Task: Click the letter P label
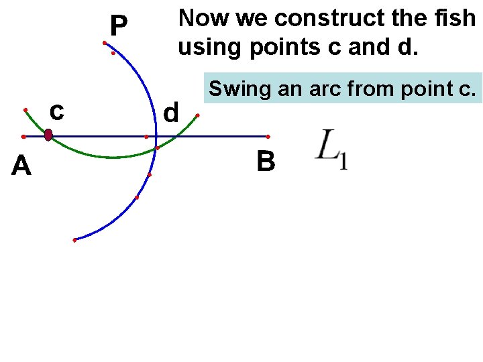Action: click(x=118, y=26)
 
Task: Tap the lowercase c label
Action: click(x=57, y=111)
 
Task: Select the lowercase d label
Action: click(x=172, y=113)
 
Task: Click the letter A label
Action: click(x=21, y=165)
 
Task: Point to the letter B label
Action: click(x=266, y=162)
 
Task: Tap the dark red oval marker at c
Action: click(x=48, y=135)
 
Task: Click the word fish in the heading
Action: click(x=453, y=18)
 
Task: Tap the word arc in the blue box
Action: click(x=317, y=88)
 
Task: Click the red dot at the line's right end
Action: click(x=268, y=136)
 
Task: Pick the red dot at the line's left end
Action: click(x=23, y=136)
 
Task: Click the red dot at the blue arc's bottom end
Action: click(x=74, y=240)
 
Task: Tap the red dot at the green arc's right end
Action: click(x=197, y=115)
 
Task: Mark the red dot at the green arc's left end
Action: click(x=25, y=109)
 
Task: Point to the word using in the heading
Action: click(x=206, y=48)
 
